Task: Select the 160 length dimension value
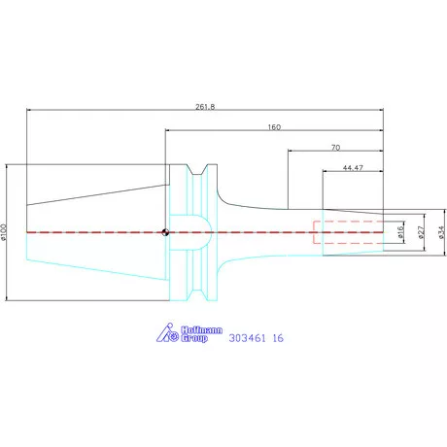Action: [275, 126]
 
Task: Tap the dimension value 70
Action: [335, 147]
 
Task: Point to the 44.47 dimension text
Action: [354, 168]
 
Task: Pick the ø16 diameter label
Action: [400, 232]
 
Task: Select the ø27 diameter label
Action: [420, 232]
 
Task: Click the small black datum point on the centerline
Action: [166, 232]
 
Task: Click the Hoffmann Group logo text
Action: [199, 336]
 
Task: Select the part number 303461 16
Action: [256, 339]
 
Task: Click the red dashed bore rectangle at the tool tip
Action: [348, 232]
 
